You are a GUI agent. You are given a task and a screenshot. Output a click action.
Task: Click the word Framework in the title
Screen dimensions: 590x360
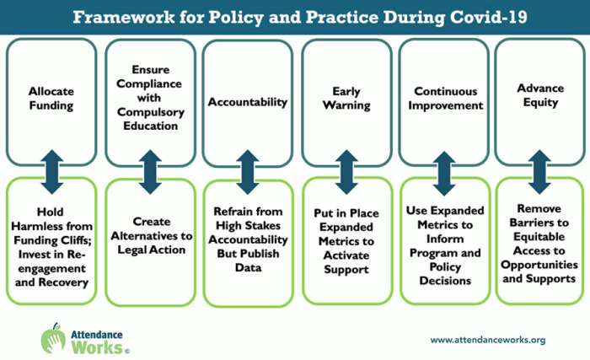[123, 18]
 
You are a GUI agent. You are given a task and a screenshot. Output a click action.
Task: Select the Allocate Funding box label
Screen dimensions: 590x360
[51, 99]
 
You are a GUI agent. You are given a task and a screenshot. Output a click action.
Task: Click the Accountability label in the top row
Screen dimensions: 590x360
[248, 102]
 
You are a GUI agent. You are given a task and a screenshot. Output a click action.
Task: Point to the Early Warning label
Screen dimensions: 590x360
[346, 99]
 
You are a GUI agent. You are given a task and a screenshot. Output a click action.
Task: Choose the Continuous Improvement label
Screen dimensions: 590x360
[446, 99]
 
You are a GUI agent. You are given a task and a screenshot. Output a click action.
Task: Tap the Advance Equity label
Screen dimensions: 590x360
[540, 95]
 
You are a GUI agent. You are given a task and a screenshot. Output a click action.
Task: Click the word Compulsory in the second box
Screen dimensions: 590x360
[151, 112]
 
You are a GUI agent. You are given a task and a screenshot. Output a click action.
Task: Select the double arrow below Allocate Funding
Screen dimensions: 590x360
[52, 172]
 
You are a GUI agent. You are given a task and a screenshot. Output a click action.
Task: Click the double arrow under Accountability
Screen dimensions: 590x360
[248, 172]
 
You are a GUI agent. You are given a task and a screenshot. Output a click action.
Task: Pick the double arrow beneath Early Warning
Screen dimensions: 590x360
[346, 172]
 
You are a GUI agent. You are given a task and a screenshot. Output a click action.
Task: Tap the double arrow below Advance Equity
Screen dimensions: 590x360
[539, 172]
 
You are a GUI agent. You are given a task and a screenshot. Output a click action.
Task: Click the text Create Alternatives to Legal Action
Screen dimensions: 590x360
[151, 236]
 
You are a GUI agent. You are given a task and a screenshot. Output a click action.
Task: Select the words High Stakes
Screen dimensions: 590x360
[248, 226]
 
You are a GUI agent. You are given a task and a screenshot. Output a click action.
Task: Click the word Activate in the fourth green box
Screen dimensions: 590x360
[346, 255]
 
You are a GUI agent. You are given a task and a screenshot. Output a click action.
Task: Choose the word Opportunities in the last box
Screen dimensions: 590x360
[539, 265]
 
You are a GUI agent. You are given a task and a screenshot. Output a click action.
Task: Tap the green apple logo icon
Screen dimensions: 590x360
[53, 339]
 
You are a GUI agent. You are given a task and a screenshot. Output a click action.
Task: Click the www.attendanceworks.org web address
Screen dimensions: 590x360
[488, 340]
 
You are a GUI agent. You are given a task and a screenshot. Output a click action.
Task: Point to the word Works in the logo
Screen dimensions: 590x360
[97, 347]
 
